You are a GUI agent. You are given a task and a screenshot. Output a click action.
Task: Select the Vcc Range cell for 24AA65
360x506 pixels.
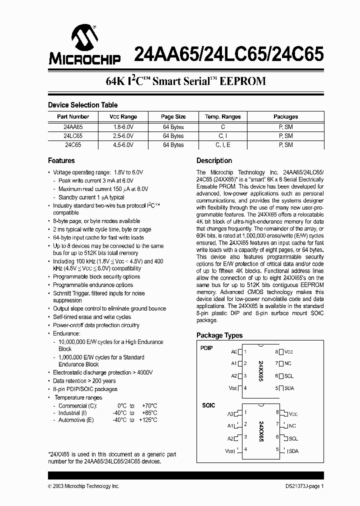coord(123,127)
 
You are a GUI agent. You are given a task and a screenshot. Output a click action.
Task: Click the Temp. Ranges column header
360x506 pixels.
coord(222,116)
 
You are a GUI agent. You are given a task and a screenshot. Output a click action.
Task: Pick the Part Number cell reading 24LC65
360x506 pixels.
coord(73,136)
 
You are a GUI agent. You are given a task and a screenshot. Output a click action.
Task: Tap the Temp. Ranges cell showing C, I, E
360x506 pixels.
coord(222,145)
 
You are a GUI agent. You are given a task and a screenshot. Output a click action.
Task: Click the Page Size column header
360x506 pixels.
coord(173,116)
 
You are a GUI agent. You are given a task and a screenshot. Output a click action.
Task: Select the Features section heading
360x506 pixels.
coord(61,160)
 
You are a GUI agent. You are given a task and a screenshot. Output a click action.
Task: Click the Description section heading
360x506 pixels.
coord(214,160)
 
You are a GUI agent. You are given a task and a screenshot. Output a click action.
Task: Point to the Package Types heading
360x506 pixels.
coord(219,335)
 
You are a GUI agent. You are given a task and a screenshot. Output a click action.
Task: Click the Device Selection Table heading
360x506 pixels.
coord(83,105)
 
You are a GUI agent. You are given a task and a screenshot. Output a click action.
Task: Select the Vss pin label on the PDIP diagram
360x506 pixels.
coord(233,388)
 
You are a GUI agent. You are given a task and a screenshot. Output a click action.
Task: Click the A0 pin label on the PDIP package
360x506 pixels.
coord(234,351)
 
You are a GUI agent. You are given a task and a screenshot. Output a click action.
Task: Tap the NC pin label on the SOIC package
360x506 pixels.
coord(292,426)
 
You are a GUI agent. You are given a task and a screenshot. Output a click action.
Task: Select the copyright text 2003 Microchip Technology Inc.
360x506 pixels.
coord(84,486)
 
